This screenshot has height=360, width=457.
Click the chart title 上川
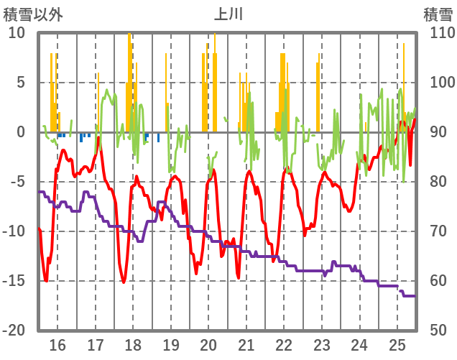tap(229, 14)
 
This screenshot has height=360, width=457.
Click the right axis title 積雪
tap(437, 14)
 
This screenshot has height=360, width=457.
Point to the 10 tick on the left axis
tap(17, 33)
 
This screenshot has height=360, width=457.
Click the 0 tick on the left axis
tap(21, 132)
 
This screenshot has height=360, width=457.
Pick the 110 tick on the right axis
tap(438, 33)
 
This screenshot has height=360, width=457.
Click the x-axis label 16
tap(57, 345)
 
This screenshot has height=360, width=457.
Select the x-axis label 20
tap(208, 345)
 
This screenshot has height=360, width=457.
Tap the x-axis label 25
tap(397, 345)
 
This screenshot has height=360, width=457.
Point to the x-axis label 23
tap(321, 345)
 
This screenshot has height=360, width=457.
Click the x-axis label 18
tap(133, 345)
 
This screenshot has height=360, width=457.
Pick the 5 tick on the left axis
tap(21, 83)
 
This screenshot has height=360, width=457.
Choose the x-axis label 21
tap(246, 345)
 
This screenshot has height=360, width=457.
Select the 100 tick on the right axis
tap(438, 83)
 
